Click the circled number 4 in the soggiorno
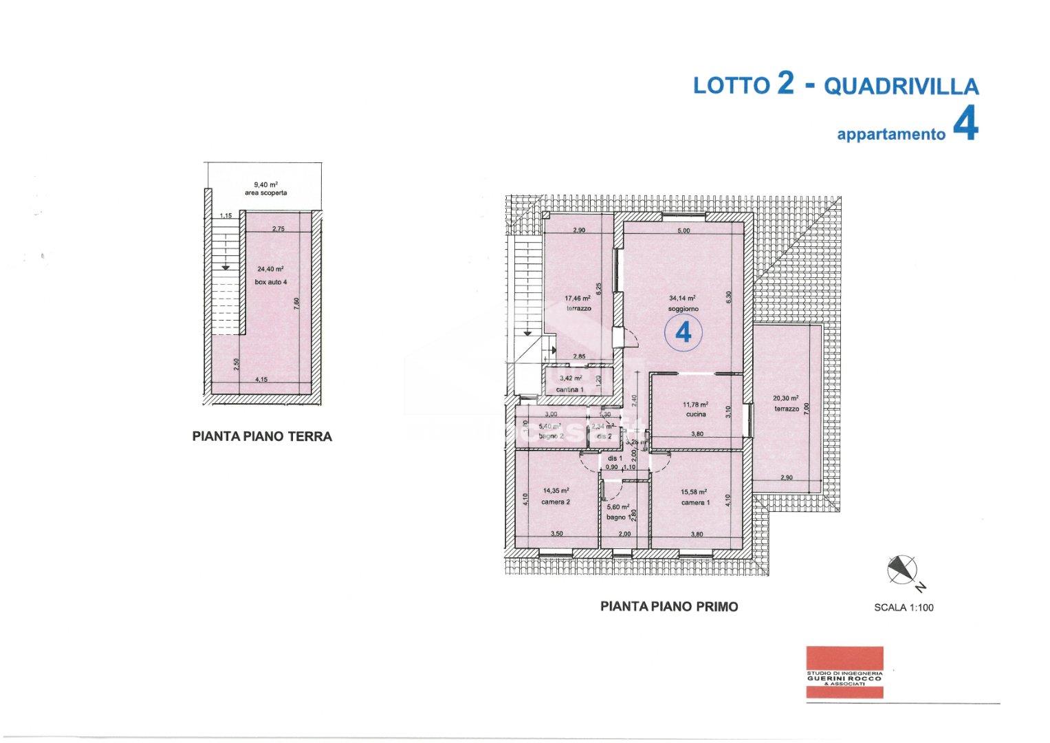[x=683, y=333]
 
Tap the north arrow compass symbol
[x=903, y=569]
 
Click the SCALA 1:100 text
[x=904, y=607]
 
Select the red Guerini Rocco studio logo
[x=845, y=673]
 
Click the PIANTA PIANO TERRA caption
[x=262, y=436]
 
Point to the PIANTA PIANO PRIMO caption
[x=669, y=607]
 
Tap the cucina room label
[x=696, y=415]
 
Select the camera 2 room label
[x=556, y=502]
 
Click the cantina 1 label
[x=570, y=390]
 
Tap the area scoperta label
[x=265, y=193]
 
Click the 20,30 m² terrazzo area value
[x=785, y=398]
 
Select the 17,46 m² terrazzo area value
[x=578, y=299]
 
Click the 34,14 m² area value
[x=682, y=299]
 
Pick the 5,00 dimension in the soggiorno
[x=683, y=231]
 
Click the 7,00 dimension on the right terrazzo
[x=807, y=407]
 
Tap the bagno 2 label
[x=551, y=436]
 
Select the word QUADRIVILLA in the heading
[x=901, y=86]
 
